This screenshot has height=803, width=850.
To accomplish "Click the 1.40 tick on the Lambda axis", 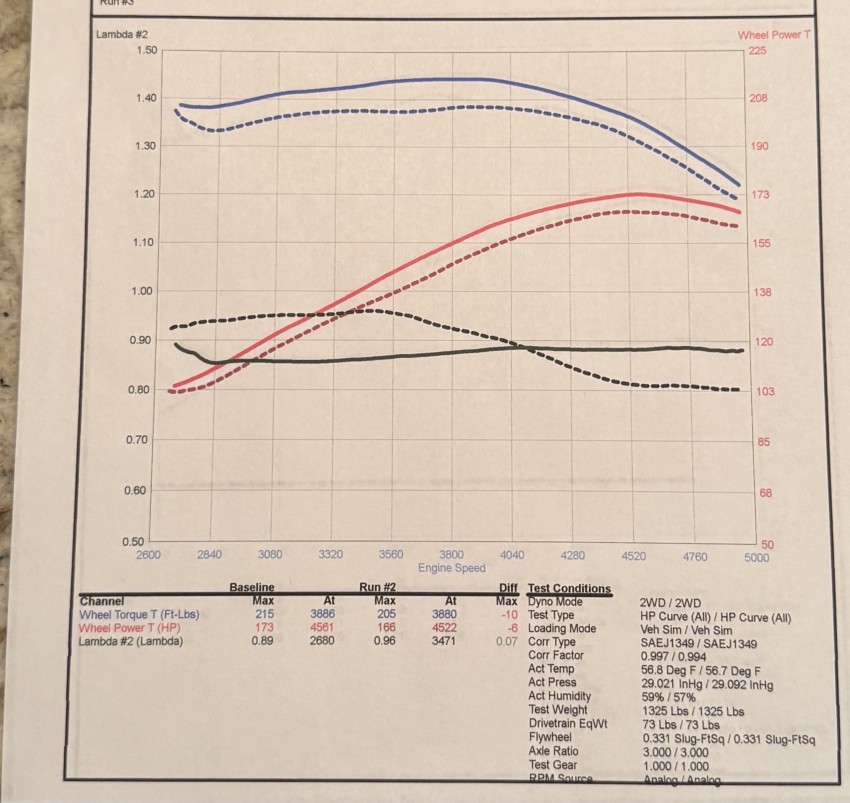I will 146,98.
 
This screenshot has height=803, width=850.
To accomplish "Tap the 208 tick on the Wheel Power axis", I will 758,98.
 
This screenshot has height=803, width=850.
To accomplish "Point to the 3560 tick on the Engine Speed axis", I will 391,554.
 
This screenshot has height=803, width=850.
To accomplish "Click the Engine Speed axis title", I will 452,568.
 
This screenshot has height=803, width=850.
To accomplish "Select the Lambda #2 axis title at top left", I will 122,35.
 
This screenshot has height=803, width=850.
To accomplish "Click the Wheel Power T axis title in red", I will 774,35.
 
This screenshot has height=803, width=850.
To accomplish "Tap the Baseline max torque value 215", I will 264,614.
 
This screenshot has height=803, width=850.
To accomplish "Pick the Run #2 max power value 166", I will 386,627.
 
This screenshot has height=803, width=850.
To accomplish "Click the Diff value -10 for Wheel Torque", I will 509,615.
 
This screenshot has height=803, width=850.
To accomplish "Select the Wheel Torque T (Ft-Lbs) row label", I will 139,615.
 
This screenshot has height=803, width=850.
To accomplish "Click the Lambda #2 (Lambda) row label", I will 131,641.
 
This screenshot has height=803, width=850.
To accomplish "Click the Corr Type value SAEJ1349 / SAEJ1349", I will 699,644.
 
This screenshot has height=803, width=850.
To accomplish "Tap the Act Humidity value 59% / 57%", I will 668,697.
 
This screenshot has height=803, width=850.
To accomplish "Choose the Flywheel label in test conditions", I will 550,737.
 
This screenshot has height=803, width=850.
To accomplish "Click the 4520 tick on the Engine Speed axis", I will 633,556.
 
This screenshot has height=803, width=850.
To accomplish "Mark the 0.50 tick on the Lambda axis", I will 134,542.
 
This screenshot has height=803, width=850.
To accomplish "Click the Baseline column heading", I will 252,587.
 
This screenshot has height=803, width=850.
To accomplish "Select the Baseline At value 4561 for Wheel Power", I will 322,627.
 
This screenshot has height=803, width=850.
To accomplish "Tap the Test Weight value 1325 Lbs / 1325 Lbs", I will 693,711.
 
